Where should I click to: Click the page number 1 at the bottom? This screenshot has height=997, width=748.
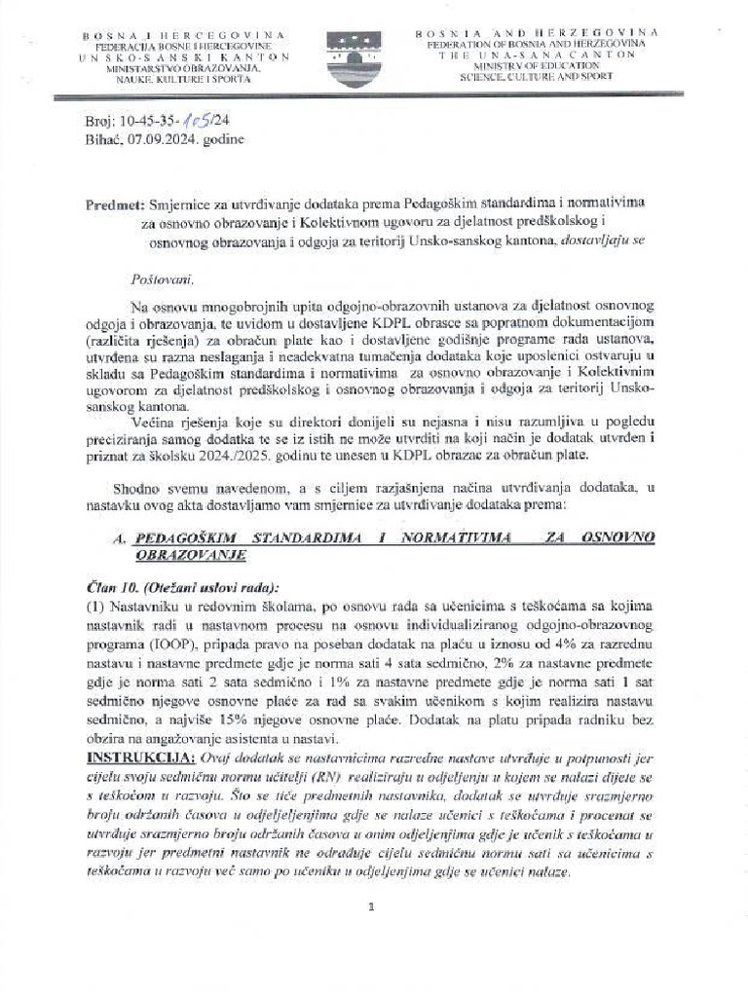pos(372,907)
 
